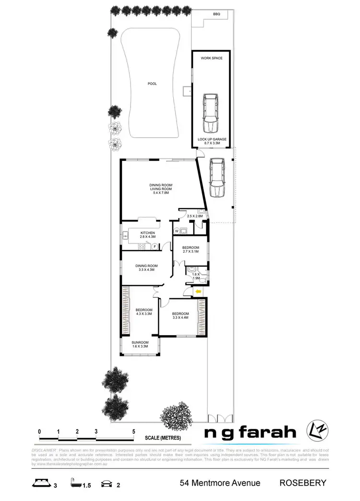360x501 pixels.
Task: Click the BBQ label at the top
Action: click(x=216, y=14)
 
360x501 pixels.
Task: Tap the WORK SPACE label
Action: click(x=212, y=58)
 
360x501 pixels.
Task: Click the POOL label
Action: click(x=152, y=84)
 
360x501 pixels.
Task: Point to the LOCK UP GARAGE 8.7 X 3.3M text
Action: click(x=212, y=141)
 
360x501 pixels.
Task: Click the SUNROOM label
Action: click(x=140, y=343)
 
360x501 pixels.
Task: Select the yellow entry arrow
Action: click(x=198, y=291)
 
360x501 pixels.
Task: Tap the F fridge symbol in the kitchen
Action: click(x=154, y=247)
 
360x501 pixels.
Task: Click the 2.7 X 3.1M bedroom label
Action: click(x=191, y=249)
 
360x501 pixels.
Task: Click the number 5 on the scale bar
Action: click(x=134, y=432)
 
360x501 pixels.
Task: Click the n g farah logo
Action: click(x=251, y=432)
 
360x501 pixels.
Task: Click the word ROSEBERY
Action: click(x=303, y=483)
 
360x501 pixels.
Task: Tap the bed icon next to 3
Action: click(x=41, y=484)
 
